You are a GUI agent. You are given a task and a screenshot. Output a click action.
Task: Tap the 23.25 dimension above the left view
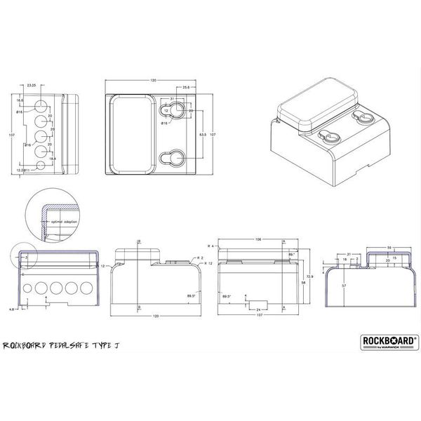click(32, 86)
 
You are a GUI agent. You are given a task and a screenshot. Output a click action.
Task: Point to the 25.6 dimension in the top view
click(186, 88)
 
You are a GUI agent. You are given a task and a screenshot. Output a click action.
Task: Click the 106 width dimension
click(259, 239)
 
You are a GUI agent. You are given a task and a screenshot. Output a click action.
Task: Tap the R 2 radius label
click(200, 258)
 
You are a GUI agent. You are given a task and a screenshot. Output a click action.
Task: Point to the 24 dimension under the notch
click(259, 309)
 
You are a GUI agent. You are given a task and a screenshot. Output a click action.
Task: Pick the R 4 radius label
click(211, 246)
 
